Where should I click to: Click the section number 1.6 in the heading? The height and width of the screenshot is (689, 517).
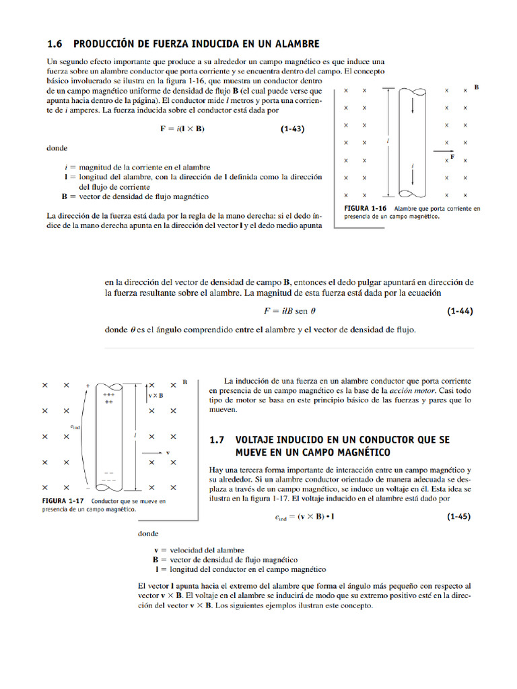point(55,44)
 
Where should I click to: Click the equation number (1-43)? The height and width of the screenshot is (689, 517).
point(292,129)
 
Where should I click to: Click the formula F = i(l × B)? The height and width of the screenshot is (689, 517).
point(182,129)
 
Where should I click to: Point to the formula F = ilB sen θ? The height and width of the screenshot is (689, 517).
point(289,312)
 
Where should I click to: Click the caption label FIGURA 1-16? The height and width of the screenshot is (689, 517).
point(366,209)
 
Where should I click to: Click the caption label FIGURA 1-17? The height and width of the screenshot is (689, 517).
point(63,501)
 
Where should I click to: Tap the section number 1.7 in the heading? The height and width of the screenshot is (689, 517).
point(217,439)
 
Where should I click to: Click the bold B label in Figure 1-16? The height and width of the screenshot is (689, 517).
point(477,87)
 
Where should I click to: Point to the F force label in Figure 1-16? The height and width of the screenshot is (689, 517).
point(452,156)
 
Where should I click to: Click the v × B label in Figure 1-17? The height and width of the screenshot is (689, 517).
point(156,396)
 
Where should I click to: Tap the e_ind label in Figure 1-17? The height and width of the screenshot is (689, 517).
point(75,427)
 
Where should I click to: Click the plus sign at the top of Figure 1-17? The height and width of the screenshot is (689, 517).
point(88,386)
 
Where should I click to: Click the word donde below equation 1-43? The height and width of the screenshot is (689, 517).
point(57,147)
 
